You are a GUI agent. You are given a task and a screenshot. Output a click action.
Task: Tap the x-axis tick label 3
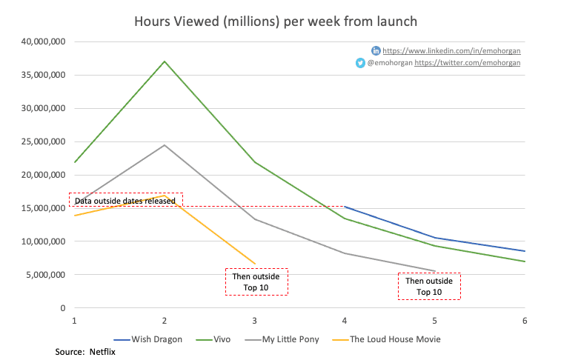tap(255, 320)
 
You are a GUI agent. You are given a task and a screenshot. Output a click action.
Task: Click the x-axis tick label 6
tap(525, 320)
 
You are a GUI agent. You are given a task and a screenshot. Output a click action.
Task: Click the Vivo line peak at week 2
tap(165, 61)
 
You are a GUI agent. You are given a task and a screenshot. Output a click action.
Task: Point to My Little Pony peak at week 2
tap(165, 144)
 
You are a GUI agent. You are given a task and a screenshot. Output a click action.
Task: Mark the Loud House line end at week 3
tap(255, 263)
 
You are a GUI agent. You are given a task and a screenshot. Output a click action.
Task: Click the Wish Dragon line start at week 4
tap(345, 207)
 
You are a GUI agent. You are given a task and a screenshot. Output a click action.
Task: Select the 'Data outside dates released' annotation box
tap(125, 200)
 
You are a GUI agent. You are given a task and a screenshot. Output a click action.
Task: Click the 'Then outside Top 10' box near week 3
tap(256, 281)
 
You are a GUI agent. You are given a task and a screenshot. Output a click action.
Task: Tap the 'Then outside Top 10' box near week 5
tap(428, 286)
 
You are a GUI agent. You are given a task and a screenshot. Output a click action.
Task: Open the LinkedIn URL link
tap(451, 50)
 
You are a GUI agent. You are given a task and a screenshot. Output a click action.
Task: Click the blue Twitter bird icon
tap(360, 64)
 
